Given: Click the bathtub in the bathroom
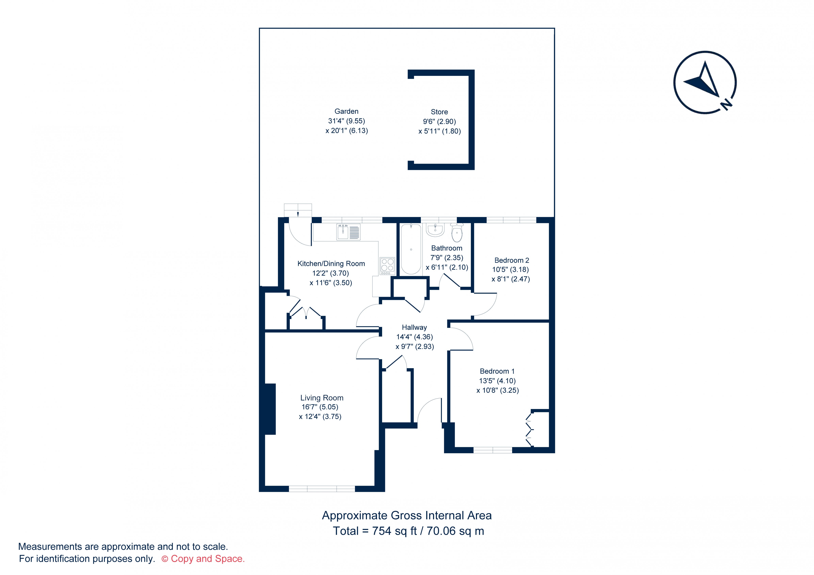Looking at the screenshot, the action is tap(411, 249).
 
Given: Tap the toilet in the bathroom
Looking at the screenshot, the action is tap(457, 232).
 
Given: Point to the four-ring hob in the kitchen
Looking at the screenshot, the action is tap(387, 266).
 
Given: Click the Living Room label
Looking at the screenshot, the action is tap(322, 398).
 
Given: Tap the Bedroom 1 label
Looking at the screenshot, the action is tap(497, 371).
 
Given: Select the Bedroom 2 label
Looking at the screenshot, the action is tap(512, 260).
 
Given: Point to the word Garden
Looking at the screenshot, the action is tap(346, 111).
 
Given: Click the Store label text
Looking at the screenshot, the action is tap(439, 112).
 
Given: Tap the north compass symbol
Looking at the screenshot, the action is tap(705, 82).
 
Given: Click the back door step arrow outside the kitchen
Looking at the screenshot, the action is tap(298, 214).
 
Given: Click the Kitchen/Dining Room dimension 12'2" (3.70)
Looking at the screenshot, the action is tap(330, 273).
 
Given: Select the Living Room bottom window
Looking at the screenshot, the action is tap(322, 489).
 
